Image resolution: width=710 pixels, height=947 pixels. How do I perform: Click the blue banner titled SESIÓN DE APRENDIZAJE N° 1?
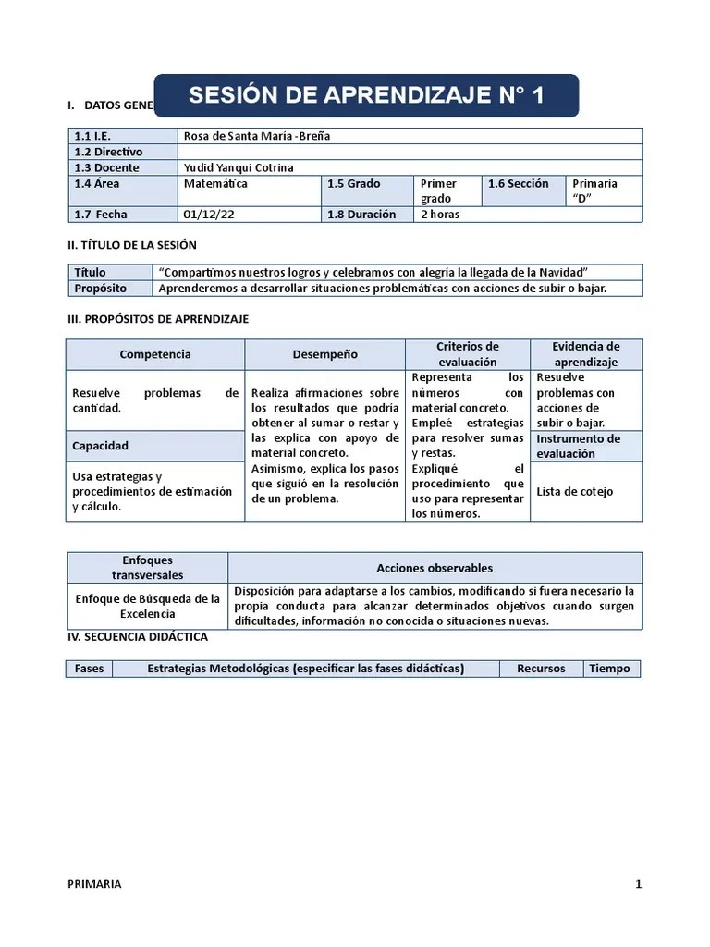[x=366, y=96]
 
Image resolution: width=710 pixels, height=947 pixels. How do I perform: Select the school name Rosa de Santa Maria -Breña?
[x=257, y=136]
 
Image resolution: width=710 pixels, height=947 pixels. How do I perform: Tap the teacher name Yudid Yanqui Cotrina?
[x=239, y=167]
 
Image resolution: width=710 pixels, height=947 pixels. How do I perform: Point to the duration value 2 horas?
[x=440, y=215]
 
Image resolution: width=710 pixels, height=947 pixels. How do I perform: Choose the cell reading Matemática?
[x=215, y=184]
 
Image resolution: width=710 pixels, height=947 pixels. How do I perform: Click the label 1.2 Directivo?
[x=109, y=152]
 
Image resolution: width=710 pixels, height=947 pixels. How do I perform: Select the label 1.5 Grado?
[x=354, y=184]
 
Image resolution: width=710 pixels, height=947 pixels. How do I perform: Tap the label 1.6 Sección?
[x=519, y=184]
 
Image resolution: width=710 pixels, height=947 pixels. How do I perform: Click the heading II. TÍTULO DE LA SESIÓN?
[x=131, y=245]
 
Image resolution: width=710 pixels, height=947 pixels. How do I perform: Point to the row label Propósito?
[x=100, y=289]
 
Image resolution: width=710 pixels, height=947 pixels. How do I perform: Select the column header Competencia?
[x=155, y=354]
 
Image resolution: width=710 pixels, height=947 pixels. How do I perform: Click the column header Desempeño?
[x=324, y=354]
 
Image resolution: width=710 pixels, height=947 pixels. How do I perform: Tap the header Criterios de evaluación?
[x=467, y=354]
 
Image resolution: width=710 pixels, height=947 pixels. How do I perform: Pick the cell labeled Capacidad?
[x=101, y=446]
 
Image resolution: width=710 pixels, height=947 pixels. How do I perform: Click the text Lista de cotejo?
[x=574, y=492]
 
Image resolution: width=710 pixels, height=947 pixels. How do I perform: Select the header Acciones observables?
[x=435, y=568]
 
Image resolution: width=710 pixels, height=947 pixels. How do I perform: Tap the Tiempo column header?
[x=609, y=669]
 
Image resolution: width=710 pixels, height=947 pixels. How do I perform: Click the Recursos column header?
[x=541, y=669]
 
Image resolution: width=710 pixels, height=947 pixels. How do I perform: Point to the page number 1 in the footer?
[x=638, y=884]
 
